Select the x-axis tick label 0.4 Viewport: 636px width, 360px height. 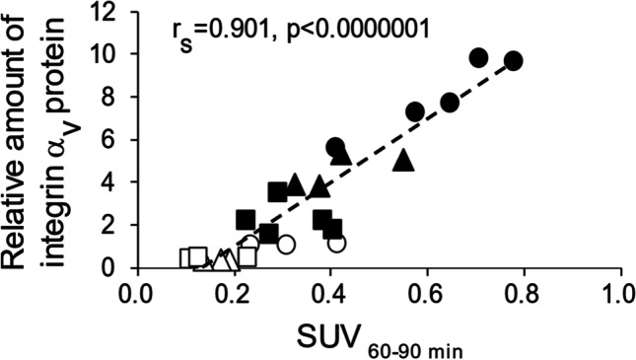[327, 293]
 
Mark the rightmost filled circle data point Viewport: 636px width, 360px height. [513, 61]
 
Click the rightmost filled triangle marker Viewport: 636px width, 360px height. [402, 160]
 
